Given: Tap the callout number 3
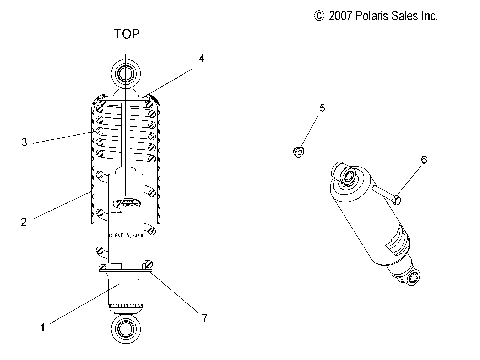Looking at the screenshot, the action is coord(24,142).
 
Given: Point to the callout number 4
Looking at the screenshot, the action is coord(201,59).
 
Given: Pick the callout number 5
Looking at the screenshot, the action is coord(322,107).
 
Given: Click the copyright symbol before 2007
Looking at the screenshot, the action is coord(319,16).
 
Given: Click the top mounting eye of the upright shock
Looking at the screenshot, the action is coord(126,74).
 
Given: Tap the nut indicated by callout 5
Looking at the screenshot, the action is coord(297,151).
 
